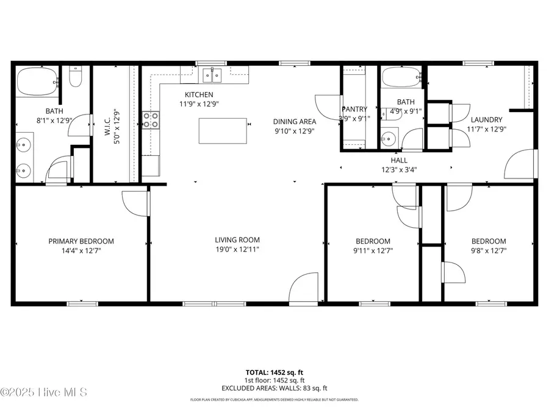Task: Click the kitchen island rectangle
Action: pyautogui.click(x=224, y=132)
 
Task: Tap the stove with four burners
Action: pyautogui.click(x=151, y=120)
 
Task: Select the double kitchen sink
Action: pyautogui.click(x=212, y=76)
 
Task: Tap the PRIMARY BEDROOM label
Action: pyautogui.click(x=81, y=241)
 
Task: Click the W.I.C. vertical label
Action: pyautogui.click(x=107, y=122)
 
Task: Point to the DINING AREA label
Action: pyautogui.click(x=295, y=121)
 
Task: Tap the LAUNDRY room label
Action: pyautogui.click(x=486, y=120)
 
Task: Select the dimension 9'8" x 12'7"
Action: pyautogui.click(x=489, y=250)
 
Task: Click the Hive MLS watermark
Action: pyautogui.click(x=43, y=392)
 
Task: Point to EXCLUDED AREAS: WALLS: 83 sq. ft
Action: pyautogui.click(x=274, y=388)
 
